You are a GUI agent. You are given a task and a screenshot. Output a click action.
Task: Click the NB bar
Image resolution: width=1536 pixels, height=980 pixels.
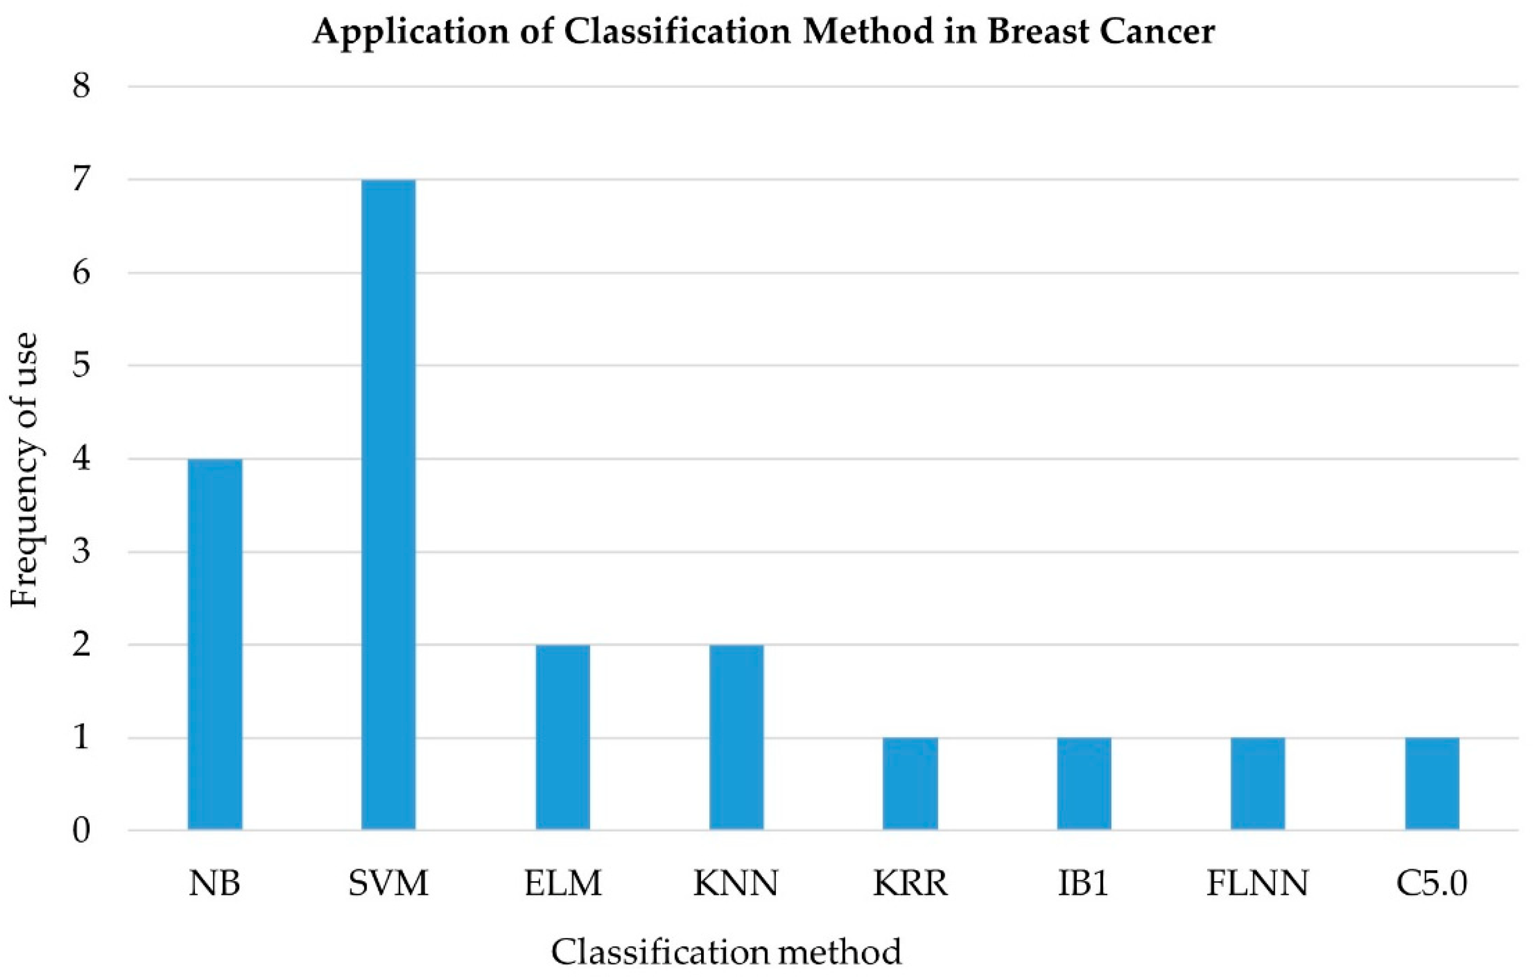click(215, 645)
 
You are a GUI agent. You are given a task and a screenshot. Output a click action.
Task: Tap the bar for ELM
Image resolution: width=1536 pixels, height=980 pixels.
click(563, 737)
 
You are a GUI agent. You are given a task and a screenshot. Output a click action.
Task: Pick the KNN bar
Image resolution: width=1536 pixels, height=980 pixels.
click(737, 737)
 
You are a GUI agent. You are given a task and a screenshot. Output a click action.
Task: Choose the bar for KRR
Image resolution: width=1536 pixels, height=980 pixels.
click(910, 783)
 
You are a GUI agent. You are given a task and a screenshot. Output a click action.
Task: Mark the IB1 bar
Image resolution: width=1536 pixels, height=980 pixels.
click(1084, 783)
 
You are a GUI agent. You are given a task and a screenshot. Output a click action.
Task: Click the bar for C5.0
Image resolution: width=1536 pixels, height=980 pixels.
click(1432, 783)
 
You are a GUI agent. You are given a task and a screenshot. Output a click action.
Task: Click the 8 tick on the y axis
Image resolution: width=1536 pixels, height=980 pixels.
click(81, 86)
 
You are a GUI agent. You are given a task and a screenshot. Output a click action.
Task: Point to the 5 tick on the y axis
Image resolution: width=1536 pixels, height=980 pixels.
click(81, 366)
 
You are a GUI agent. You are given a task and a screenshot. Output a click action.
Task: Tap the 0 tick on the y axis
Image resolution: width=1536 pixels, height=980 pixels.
click(81, 831)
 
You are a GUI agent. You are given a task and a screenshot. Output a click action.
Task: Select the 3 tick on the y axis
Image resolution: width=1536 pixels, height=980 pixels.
click(81, 552)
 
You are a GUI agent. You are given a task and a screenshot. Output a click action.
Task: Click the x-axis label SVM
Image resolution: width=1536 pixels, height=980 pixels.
click(388, 884)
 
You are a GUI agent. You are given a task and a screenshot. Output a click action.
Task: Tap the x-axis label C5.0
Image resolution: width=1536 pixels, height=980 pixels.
click(1432, 884)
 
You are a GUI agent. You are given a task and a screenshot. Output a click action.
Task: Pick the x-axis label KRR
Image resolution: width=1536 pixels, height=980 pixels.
click(910, 884)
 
